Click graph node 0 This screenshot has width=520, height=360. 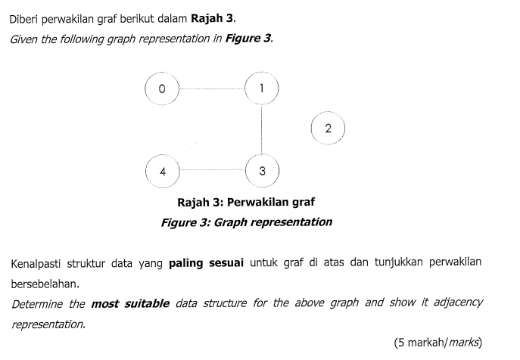tap(161, 88)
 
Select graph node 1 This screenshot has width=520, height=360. tap(262, 88)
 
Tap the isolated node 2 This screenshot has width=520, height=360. tap(328, 128)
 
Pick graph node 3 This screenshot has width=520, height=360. tap(262, 171)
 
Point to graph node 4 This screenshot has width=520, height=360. tap(162, 171)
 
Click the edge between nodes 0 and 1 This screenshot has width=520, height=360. tap(212, 88)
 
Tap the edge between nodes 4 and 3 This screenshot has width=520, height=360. tap(212, 171)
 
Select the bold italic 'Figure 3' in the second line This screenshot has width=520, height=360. tap(247, 39)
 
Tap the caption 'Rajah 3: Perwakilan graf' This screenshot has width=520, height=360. tap(245, 202)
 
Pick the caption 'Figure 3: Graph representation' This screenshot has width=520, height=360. tap(246, 222)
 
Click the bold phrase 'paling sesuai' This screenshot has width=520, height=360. tap(206, 263)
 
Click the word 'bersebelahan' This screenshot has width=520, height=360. tap(45, 284)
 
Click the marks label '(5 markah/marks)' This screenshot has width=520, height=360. tap(437, 342)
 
